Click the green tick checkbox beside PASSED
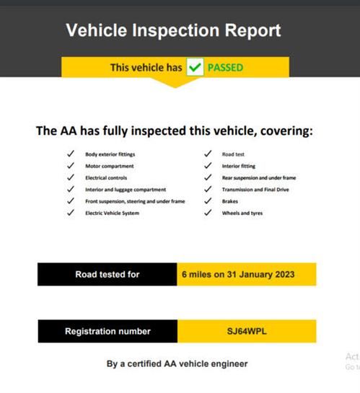195,67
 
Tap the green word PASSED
225,68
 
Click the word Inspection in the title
176,30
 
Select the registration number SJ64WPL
247,331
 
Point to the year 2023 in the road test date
285,275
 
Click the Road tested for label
107,275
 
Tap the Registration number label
107,331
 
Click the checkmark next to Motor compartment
71,166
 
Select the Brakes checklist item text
230,201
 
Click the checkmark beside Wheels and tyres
208,213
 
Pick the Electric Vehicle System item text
112,213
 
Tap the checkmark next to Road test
208,154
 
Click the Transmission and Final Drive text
255,190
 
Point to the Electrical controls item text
106,177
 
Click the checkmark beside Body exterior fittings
71,154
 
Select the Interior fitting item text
239,166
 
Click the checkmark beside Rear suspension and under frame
208,177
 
